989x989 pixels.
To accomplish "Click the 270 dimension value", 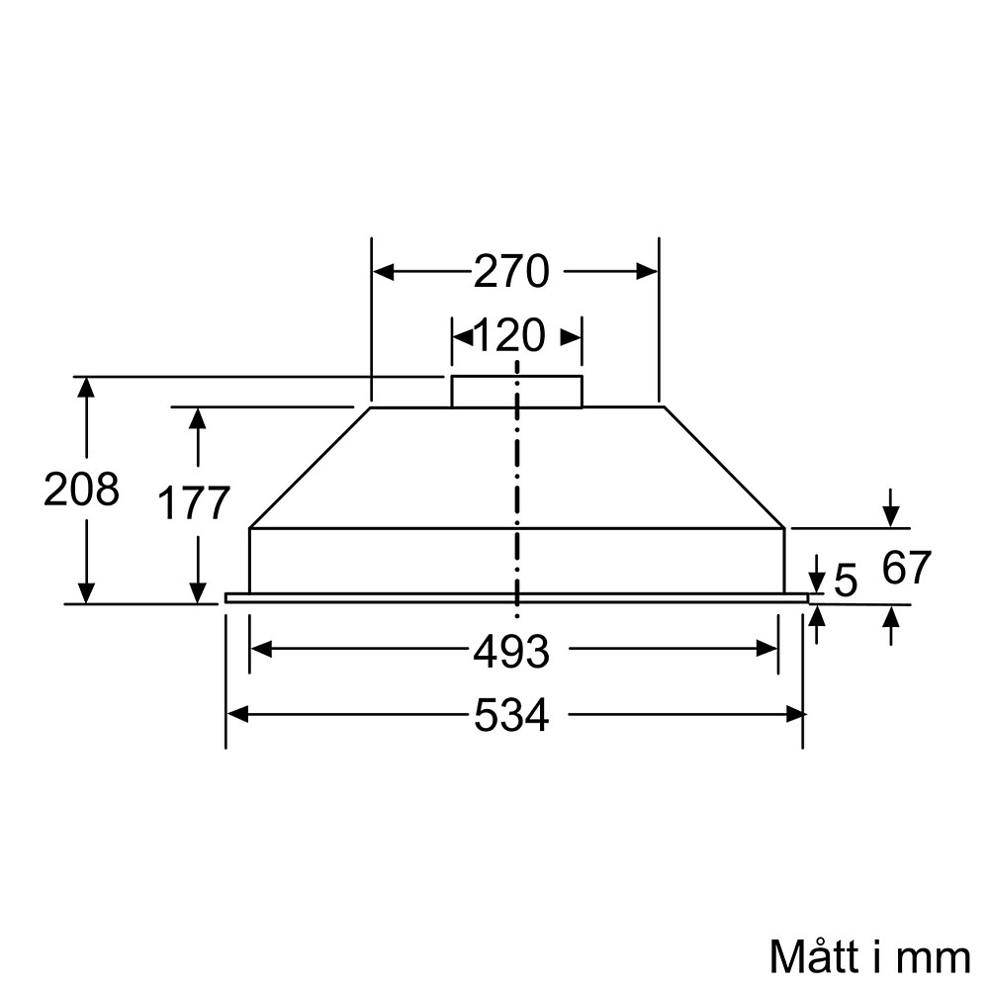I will tap(510, 272).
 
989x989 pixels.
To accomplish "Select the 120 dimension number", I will tap(509, 336).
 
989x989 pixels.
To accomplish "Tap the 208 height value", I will tap(81, 490).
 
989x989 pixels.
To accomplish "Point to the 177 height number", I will tap(195, 503).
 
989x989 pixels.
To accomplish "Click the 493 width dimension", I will tap(510, 652).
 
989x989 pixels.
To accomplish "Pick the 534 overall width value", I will tap(510, 716).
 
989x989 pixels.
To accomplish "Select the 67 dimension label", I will tap(906, 568).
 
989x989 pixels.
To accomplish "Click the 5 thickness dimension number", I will tap(846, 582).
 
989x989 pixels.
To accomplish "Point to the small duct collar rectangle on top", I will tap(516, 392).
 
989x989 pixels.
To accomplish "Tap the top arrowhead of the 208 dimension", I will tap(87, 387).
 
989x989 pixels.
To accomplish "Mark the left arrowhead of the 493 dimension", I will tap(259, 649).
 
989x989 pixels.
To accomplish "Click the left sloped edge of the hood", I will tap(310, 467).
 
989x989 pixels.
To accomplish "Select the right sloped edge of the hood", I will tap(723, 467).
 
